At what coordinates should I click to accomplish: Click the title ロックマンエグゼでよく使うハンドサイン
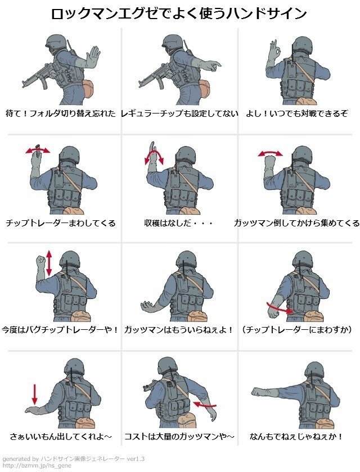click(x=179, y=14)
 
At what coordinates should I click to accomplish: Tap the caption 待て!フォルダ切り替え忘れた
click(x=61, y=114)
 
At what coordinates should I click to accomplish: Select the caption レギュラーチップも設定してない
click(x=179, y=114)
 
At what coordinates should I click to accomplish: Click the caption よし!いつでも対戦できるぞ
click(x=297, y=114)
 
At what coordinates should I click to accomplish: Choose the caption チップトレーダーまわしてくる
click(x=61, y=223)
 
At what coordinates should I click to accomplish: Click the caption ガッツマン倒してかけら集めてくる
click(x=296, y=223)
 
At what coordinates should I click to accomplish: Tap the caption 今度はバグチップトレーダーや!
click(x=60, y=330)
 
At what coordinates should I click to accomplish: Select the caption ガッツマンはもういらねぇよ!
click(x=179, y=330)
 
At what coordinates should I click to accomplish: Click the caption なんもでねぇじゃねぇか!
click(x=296, y=436)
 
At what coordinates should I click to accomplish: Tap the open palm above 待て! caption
click(x=93, y=56)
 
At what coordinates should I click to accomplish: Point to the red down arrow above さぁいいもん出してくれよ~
click(x=35, y=394)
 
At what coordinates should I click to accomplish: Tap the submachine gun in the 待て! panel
click(x=38, y=75)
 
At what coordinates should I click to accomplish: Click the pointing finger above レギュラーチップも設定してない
click(x=215, y=65)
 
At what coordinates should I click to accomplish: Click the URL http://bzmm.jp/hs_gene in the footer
click(x=37, y=466)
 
